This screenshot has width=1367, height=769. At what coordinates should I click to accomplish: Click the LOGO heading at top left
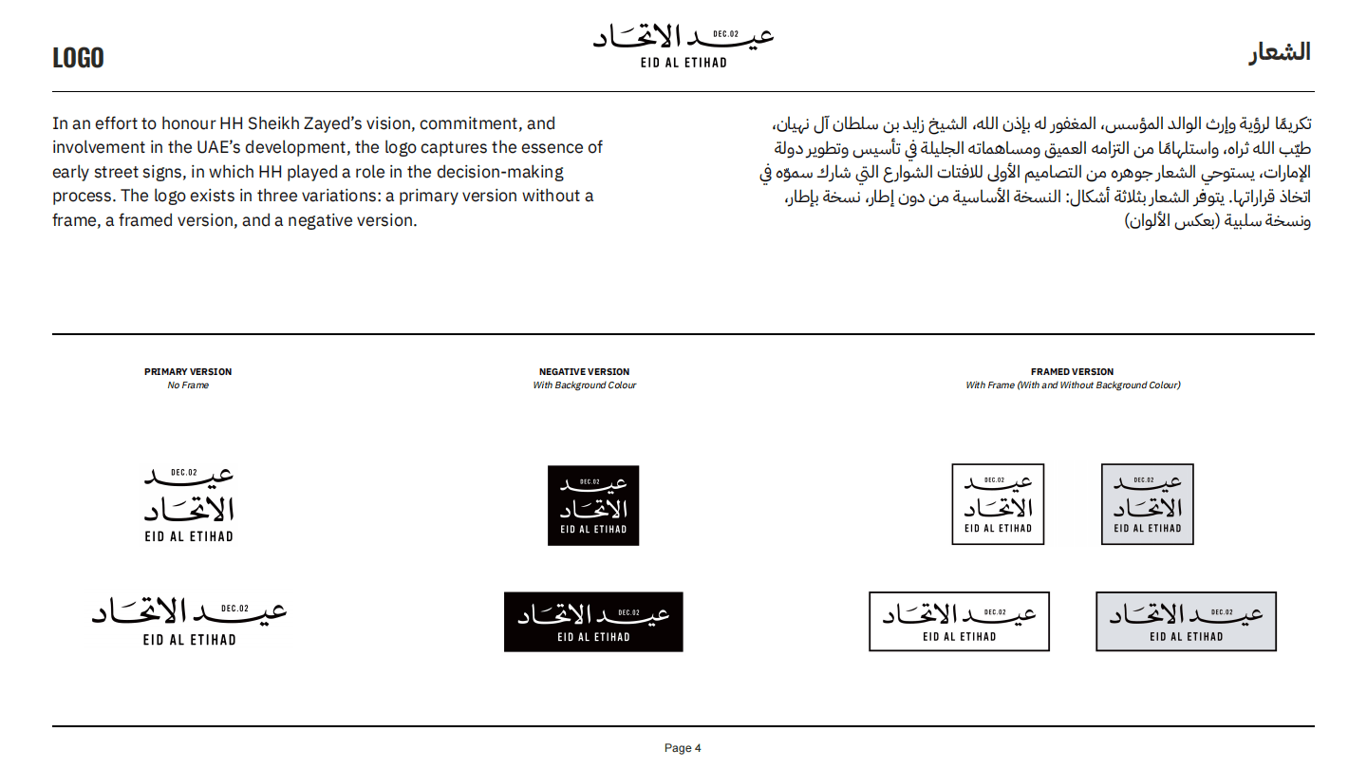click(78, 58)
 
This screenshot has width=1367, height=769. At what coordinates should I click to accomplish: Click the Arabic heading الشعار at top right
click(1279, 52)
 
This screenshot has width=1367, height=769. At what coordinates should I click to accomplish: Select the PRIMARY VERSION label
click(188, 371)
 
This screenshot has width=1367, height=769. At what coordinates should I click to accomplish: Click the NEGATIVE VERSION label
click(584, 371)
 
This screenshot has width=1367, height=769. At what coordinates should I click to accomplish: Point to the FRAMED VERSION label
click(1072, 371)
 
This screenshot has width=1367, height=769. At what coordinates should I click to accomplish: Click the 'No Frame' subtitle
click(188, 385)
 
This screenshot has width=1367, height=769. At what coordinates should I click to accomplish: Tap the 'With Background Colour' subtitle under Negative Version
click(584, 385)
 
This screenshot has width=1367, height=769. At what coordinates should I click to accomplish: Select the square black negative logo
click(593, 505)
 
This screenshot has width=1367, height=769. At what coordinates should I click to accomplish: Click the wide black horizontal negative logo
click(593, 622)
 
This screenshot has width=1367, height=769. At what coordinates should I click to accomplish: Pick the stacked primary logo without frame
click(189, 504)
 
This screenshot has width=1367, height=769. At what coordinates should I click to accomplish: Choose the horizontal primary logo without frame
click(189, 622)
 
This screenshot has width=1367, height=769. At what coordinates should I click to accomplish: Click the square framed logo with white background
click(998, 504)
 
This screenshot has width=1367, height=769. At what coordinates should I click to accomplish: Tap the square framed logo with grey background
click(1147, 504)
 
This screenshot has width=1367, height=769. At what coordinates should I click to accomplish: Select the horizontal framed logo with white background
click(959, 622)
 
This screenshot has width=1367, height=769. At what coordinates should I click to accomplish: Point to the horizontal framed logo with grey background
click(1186, 622)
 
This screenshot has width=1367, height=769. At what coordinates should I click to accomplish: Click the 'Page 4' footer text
click(683, 748)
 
